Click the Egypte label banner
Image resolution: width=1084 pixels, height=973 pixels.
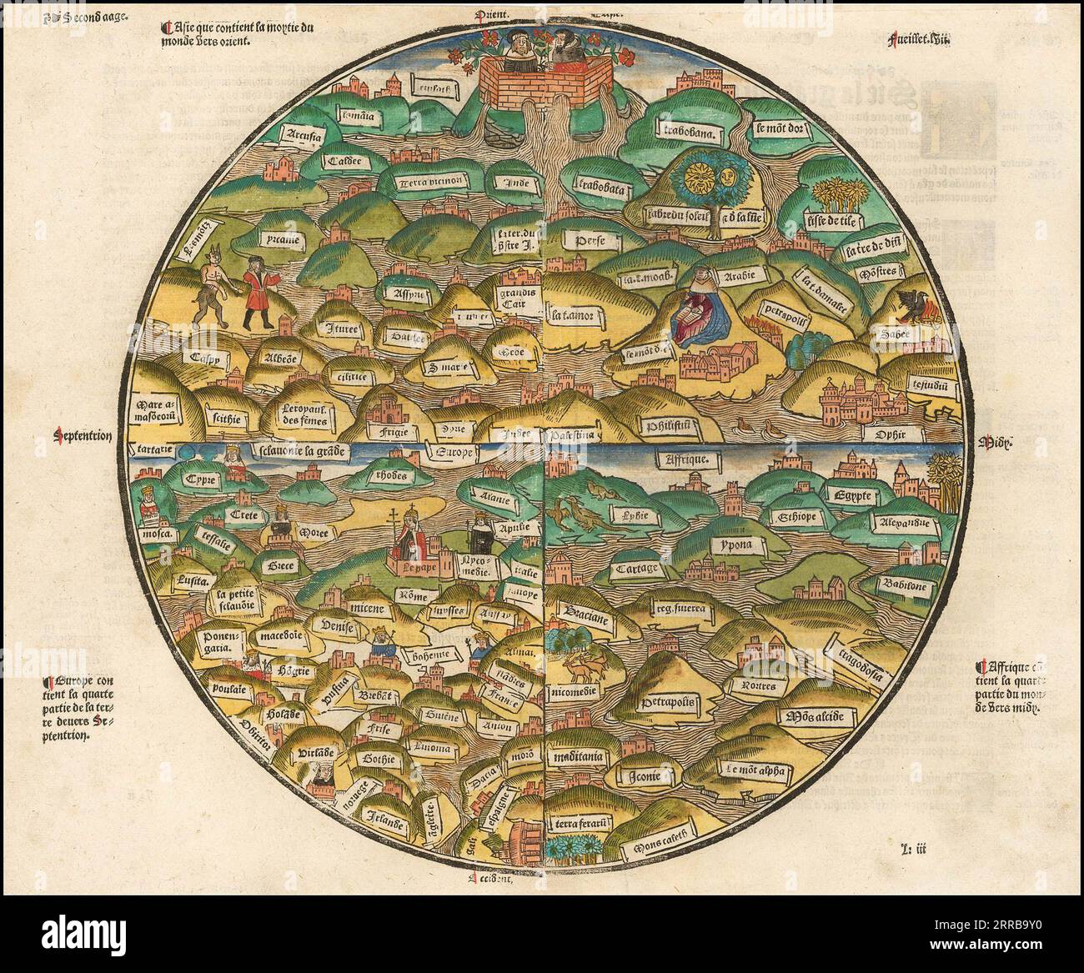pos(852,496)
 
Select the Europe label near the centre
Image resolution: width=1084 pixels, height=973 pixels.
pos(450,453)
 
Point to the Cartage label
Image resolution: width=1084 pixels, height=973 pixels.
pos(636,569)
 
